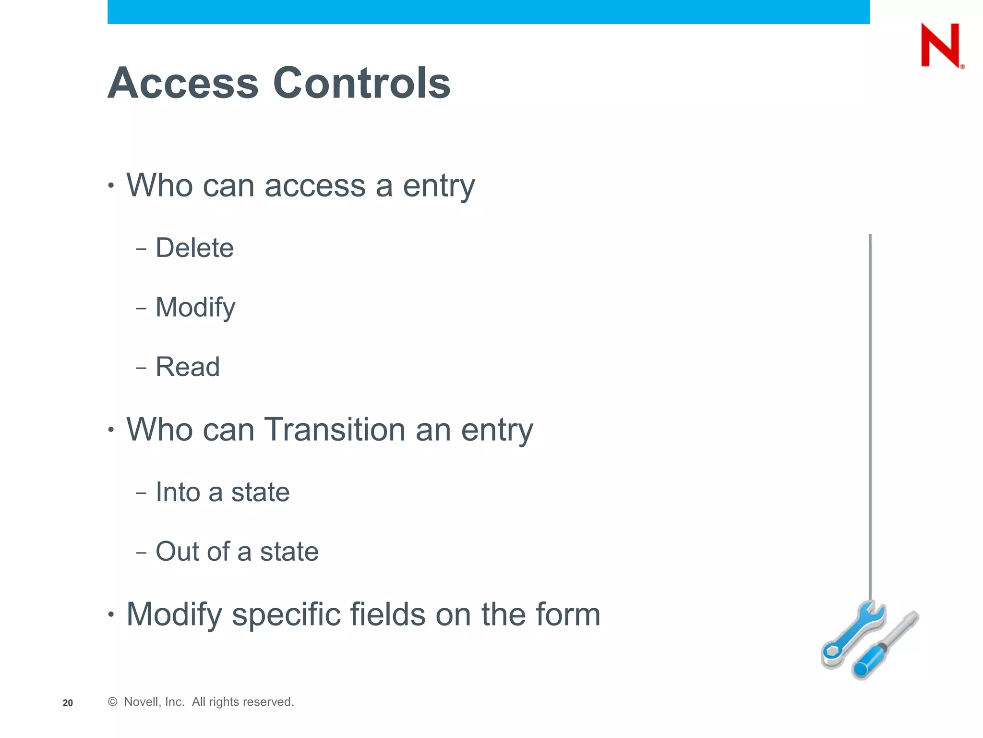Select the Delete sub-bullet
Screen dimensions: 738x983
pyautogui.click(x=194, y=248)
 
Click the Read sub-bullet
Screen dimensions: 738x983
pyautogui.click(x=188, y=367)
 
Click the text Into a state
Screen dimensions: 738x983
pyautogui.click(x=222, y=492)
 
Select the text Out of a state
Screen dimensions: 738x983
pyautogui.click(x=237, y=552)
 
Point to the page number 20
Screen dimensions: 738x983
pyautogui.click(x=68, y=703)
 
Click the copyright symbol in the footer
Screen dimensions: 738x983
pyautogui.click(x=113, y=702)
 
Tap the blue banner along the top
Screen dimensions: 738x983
pyautogui.click(x=488, y=12)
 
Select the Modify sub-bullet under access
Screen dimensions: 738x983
pyautogui.click(x=195, y=307)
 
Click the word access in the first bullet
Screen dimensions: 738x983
pyautogui.click(x=315, y=185)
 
